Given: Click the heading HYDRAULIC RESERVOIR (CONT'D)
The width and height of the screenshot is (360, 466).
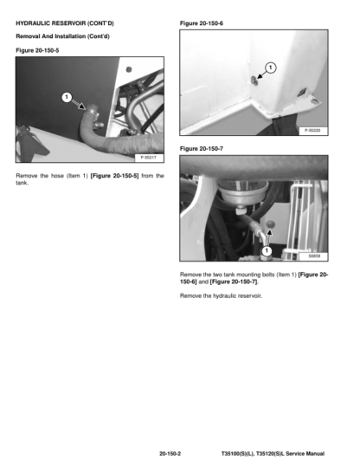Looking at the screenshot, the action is click(x=65, y=23).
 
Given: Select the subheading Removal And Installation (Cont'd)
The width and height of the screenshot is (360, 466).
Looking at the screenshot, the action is click(x=62, y=36).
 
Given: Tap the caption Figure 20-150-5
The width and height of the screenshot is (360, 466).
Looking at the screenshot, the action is click(x=37, y=50).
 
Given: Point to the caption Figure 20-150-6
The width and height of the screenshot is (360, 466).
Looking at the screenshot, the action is click(x=202, y=23).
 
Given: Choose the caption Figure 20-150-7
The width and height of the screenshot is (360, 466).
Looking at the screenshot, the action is click(x=202, y=149).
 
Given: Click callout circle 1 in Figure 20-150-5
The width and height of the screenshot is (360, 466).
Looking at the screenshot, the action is click(x=67, y=97).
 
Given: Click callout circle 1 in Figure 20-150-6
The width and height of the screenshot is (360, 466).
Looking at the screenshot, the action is click(x=270, y=68).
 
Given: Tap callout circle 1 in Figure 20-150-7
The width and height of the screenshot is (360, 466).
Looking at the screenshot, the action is click(x=267, y=251).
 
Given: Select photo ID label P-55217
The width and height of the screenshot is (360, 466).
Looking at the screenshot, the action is click(x=148, y=158).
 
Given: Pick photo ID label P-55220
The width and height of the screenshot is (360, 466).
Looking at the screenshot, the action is click(x=312, y=131).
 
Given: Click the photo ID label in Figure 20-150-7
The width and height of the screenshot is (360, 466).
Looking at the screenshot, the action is click(x=313, y=256).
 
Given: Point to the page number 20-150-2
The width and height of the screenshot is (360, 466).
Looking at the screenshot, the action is click(x=170, y=454).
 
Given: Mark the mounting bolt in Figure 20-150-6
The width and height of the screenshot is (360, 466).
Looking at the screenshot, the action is click(x=254, y=81).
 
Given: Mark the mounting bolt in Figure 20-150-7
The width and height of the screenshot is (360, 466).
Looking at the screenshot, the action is click(x=270, y=224).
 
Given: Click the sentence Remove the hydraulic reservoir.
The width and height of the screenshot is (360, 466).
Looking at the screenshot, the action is click(x=221, y=295).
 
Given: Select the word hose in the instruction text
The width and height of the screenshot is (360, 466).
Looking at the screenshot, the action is click(x=57, y=176).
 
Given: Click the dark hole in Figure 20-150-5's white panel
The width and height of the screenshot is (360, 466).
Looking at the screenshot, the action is click(x=129, y=69).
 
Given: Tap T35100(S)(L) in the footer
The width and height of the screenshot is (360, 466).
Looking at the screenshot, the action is click(x=237, y=454).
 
